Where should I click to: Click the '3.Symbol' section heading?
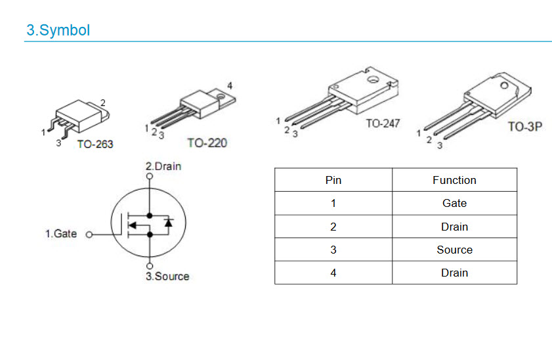pos(58,30)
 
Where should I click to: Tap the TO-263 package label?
pos(95,144)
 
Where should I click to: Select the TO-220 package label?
pos(207,143)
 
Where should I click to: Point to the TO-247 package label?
pos(383,124)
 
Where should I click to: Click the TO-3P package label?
pos(524,126)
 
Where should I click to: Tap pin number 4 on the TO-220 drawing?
pos(230,85)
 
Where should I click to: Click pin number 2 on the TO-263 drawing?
pos(103,102)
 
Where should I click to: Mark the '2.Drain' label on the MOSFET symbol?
pos(163,166)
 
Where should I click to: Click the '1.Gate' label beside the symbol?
pos(61,234)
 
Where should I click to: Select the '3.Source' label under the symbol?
pos(167,276)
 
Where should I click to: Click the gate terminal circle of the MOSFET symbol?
pos(89,235)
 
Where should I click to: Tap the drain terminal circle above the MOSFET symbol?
pos(150,176)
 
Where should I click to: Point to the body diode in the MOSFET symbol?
pos(169,223)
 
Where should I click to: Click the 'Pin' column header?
pos(333,181)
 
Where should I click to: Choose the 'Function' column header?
pos(454,181)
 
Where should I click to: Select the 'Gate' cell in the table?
pos(454,203)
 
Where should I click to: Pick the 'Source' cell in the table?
pos(454,250)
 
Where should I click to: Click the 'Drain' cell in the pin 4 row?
pos(454,273)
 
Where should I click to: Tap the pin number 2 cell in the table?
pos(333,227)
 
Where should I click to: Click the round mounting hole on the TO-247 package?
pos(373,79)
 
